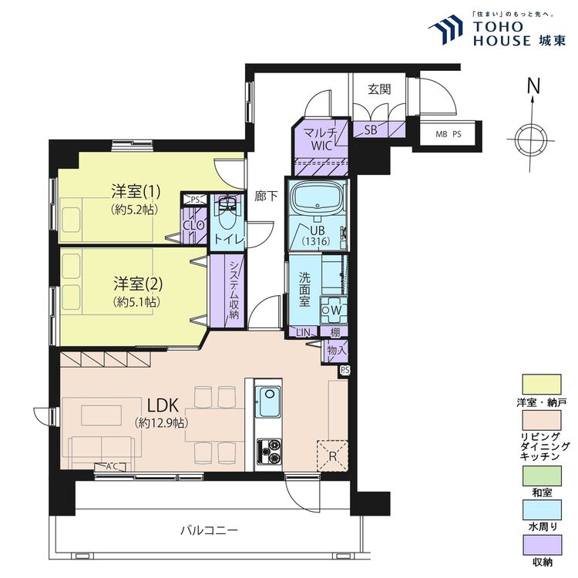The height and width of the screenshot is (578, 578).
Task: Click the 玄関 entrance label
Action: pyautogui.click(x=379, y=89)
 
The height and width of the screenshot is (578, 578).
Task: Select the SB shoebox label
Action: pyautogui.click(x=371, y=129)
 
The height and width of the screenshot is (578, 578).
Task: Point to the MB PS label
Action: pyautogui.click(x=449, y=134)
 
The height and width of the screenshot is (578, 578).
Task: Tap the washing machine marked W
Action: pyautogui.click(x=334, y=310)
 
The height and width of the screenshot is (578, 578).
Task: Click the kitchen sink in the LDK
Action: pyautogui.click(x=268, y=401)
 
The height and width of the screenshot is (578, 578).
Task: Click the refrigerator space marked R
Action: pyautogui.click(x=332, y=455)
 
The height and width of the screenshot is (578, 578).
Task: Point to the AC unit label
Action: pyautogui.click(x=111, y=467)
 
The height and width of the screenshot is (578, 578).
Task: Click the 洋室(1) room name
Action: pyautogui.click(x=136, y=192)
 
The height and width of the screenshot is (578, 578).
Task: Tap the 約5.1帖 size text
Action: pyautogui.click(x=136, y=302)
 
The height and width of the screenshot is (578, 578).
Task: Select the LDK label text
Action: pyautogui.click(x=163, y=405)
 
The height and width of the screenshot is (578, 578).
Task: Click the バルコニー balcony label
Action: pyautogui.click(x=209, y=530)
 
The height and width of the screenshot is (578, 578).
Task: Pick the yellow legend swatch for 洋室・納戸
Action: pyautogui.click(x=542, y=385)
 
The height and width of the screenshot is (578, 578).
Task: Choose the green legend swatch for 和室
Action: pyautogui.click(x=543, y=476)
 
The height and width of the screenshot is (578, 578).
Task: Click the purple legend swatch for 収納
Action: pyautogui.click(x=543, y=545)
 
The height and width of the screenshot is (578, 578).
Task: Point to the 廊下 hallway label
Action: pyautogui.click(x=266, y=196)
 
